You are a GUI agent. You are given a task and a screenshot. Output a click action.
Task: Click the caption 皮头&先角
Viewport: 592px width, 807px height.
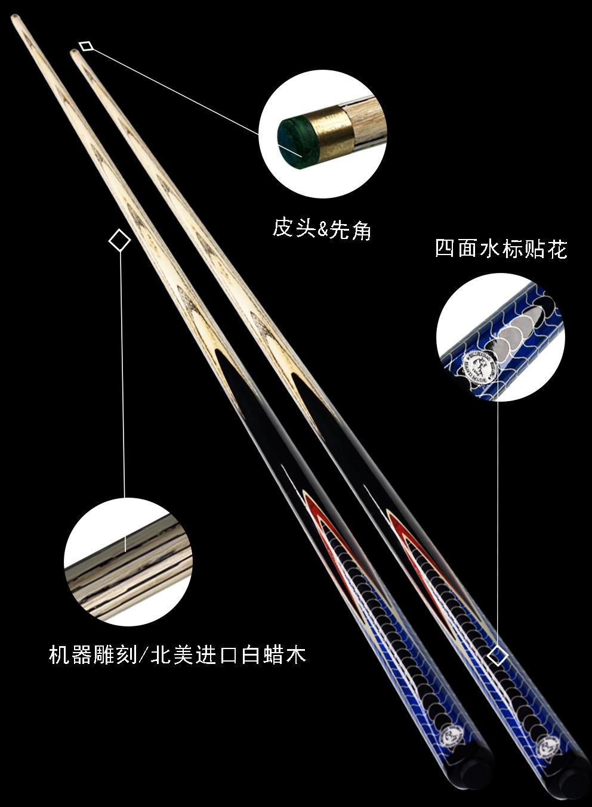[322, 228]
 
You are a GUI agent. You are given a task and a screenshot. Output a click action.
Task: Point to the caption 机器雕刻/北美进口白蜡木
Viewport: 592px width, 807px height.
[177, 655]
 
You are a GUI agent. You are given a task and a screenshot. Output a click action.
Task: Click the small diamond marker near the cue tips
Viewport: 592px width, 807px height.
[87, 46]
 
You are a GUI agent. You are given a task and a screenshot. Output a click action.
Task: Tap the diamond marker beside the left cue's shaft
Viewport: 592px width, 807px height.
[120, 241]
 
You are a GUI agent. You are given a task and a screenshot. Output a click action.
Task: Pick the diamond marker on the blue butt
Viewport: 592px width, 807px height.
[498, 656]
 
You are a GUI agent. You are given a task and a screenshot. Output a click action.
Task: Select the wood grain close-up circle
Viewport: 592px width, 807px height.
[128, 562]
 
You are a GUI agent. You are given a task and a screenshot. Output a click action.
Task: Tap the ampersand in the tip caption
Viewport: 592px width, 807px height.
[323, 229]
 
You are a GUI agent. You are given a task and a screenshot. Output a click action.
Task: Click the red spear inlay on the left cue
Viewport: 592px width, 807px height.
[322, 524]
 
